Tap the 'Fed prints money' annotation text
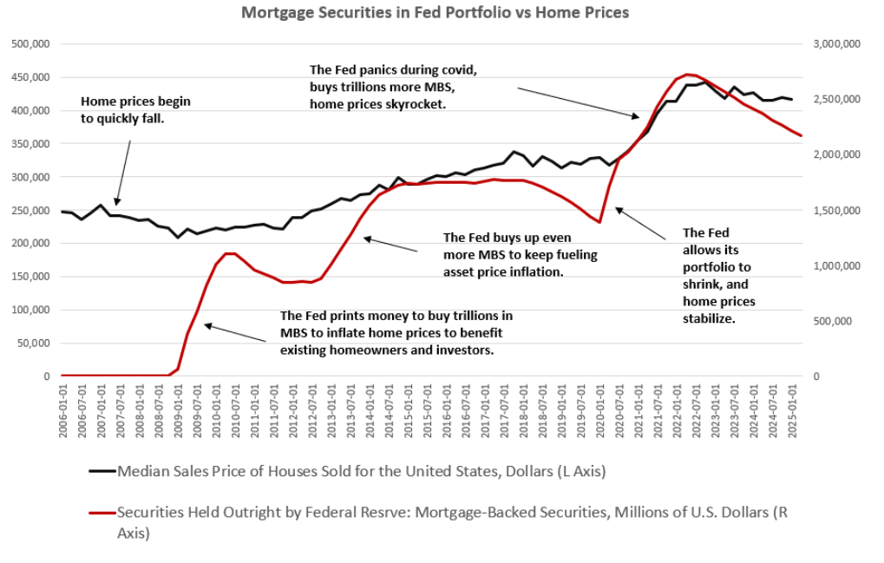(396, 332)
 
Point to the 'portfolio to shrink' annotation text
(718, 276)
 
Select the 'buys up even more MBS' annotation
(520, 254)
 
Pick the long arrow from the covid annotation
(577, 101)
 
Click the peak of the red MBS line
(687, 75)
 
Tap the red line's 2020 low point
(599, 222)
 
